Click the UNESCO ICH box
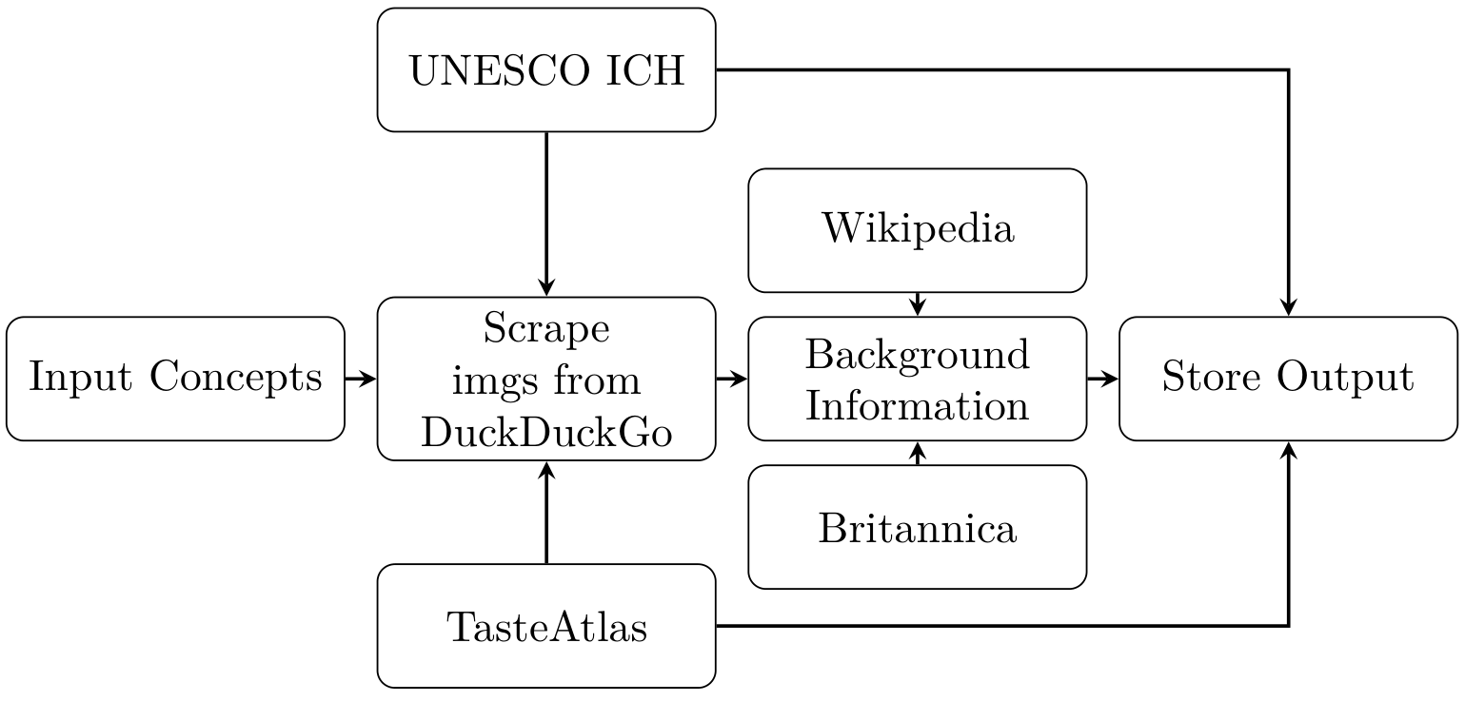click(545, 69)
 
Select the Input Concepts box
click(175, 379)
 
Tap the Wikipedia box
click(917, 229)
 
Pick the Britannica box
click(917, 528)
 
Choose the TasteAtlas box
click(545, 627)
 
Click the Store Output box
click(1287, 379)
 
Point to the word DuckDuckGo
click(545, 433)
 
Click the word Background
click(917, 355)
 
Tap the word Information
click(917, 405)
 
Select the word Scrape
click(545, 328)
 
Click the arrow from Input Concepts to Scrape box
click(361, 379)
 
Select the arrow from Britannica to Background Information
click(917, 453)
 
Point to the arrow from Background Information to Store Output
click(1102, 379)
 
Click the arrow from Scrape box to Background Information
click(731, 379)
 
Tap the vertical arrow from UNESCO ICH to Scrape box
click(545, 214)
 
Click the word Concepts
click(236, 379)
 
